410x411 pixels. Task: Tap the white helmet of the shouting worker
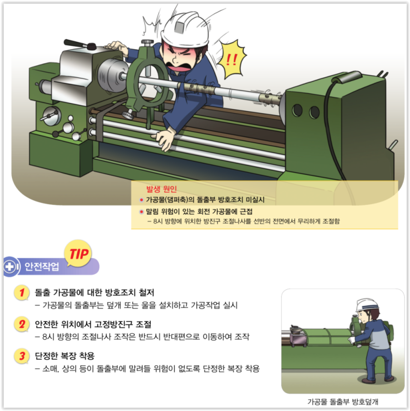pyautogui.click(x=186, y=29)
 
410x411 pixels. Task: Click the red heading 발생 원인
pyautogui.click(x=161, y=189)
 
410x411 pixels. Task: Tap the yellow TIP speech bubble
pyautogui.click(x=78, y=254)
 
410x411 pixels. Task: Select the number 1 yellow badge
pyautogui.click(x=22, y=292)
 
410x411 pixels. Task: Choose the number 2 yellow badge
pyautogui.click(x=22, y=324)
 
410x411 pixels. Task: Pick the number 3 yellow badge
pyautogui.click(x=22, y=356)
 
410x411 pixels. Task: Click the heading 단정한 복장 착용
pyautogui.click(x=65, y=356)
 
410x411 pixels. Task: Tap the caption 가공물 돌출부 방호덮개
pyautogui.click(x=343, y=402)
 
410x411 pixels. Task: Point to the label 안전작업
pyautogui.click(x=42, y=266)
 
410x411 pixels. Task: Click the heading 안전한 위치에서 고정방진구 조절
pyautogui.click(x=93, y=324)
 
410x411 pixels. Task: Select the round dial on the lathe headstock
pyautogui.click(x=52, y=116)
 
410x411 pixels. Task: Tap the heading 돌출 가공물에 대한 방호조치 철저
pyautogui.click(x=95, y=293)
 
